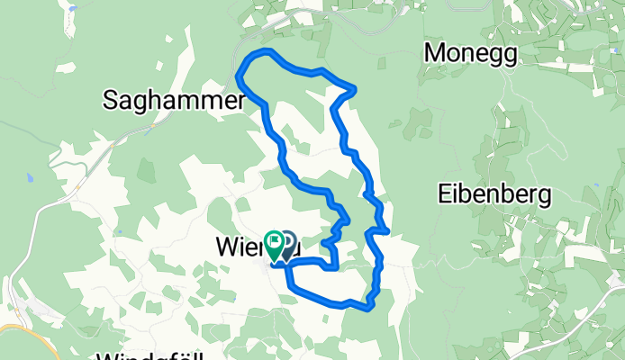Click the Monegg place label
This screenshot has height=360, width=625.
click(x=471, y=54)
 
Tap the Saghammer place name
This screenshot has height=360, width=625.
click(x=174, y=102)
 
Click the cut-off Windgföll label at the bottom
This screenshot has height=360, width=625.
click(x=149, y=355)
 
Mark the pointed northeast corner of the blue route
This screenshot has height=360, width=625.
click(x=356, y=87)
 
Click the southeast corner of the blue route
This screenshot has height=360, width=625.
click(x=370, y=308)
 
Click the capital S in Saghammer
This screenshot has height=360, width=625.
click(x=112, y=102)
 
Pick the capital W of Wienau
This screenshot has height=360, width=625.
click(x=226, y=245)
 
